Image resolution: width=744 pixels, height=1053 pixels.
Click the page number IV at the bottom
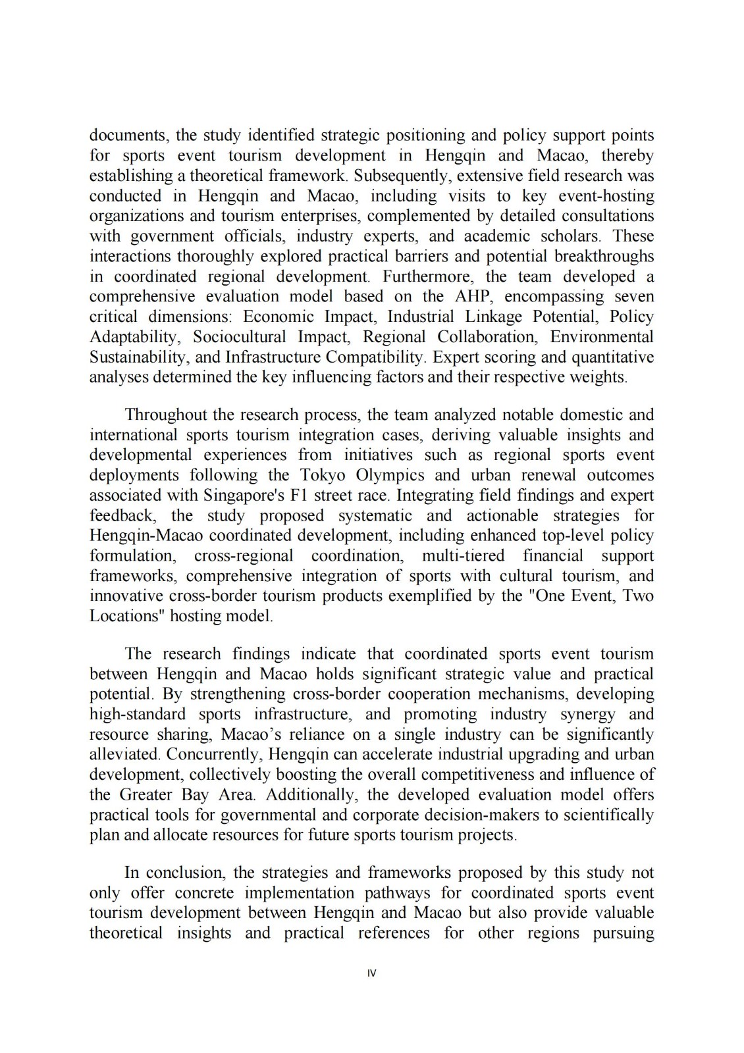tap(371, 973)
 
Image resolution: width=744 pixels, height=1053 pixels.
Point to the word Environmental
tap(602, 337)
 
